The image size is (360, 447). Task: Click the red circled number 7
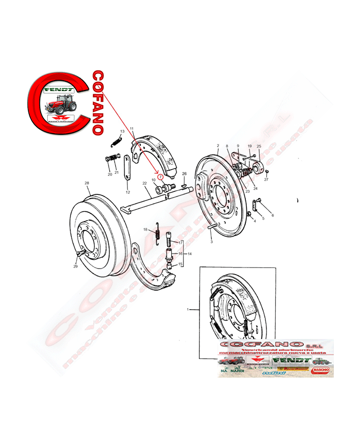[160, 176]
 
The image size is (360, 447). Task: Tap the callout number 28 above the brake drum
[87, 184]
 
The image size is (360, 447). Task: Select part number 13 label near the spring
[122, 132]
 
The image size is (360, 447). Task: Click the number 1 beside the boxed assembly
[188, 310]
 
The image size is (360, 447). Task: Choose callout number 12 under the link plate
[128, 192]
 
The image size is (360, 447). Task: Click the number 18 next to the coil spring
[146, 229]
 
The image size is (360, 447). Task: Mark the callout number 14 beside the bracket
[190, 254]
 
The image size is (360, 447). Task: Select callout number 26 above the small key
[184, 173]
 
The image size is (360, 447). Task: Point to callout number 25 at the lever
[259, 147]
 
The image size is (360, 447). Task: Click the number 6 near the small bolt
[272, 215]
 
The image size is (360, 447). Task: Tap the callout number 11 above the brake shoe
[132, 128]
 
